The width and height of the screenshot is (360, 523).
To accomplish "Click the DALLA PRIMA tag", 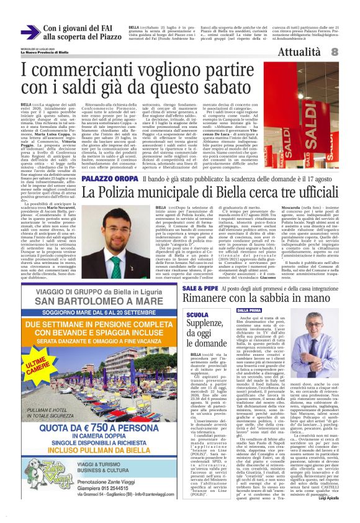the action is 249,311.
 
